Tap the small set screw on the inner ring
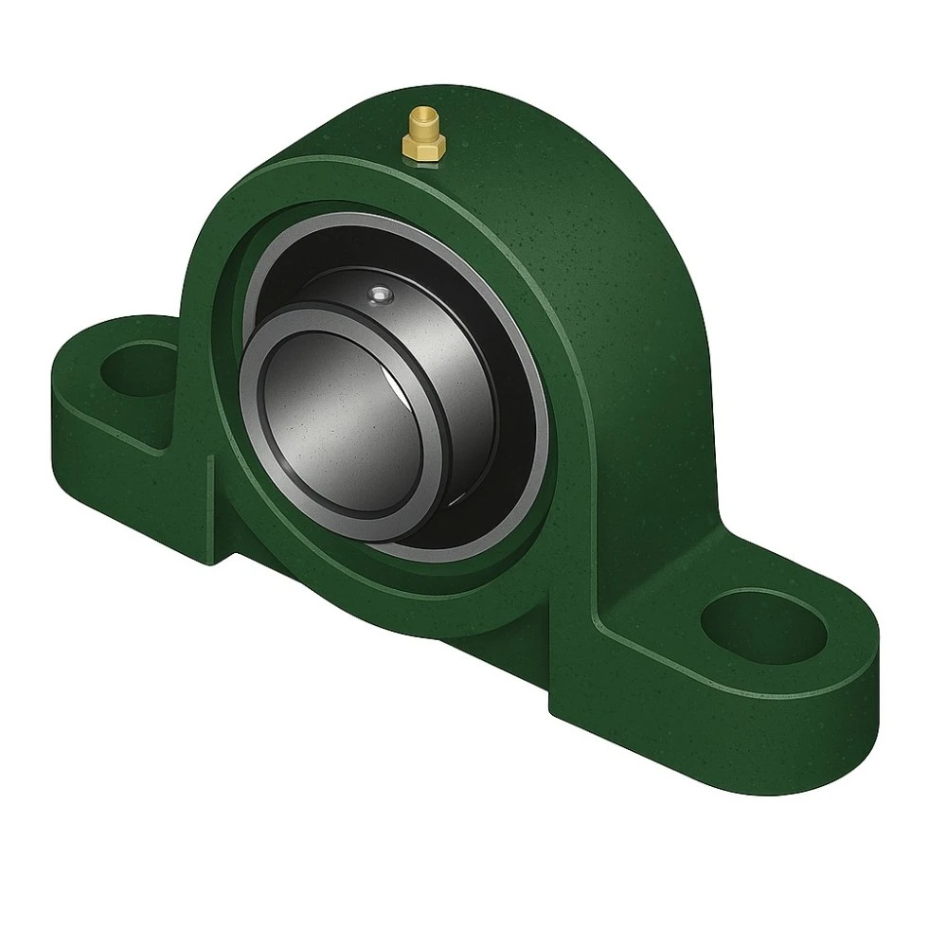coord(381,295)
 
